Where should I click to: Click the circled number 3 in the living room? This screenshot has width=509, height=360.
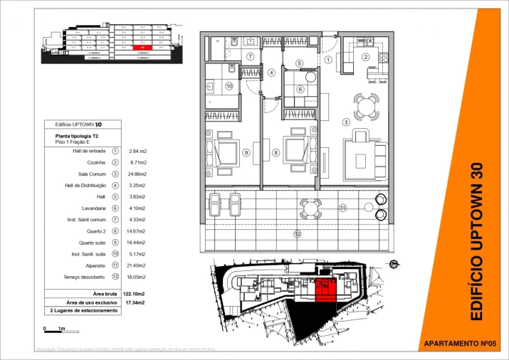point(346,122)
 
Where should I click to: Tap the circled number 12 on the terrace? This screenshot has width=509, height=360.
point(297,233)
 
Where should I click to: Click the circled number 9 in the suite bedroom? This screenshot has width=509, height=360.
point(246,152)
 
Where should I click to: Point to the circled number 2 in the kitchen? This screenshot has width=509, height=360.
point(366,57)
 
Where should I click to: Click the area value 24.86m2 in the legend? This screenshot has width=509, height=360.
point(137,174)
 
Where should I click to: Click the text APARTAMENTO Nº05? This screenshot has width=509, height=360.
point(464,343)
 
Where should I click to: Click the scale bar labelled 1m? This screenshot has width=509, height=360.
point(54,329)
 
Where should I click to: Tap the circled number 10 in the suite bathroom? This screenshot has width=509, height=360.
point(229,86)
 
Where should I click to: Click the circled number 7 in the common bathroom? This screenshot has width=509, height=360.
point(250,56)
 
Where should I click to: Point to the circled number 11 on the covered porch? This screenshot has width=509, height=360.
point(342,208)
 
